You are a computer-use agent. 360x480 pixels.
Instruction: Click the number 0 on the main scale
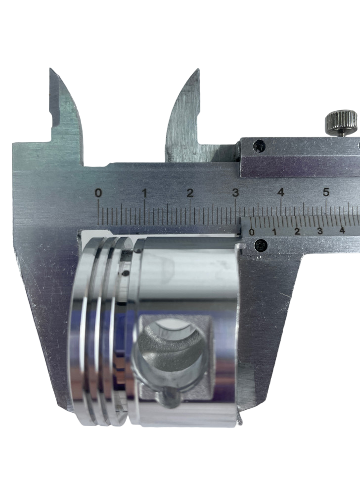click(98, 193)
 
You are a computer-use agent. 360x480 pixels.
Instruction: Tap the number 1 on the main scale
click(144, 193)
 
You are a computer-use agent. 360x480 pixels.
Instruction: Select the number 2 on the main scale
click(190, 193)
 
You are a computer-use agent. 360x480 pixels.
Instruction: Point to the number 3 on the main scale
click(235, 193)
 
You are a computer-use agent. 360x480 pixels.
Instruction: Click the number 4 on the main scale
click(281, 193)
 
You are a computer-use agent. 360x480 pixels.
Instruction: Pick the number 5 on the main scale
click(326, 192)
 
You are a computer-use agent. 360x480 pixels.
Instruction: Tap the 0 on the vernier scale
click(252, 232)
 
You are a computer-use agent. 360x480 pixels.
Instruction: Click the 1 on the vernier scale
click(274, 232)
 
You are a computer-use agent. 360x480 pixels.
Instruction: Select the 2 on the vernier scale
click(297, 232)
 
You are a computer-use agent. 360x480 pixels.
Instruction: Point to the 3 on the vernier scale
click(320, 231)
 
